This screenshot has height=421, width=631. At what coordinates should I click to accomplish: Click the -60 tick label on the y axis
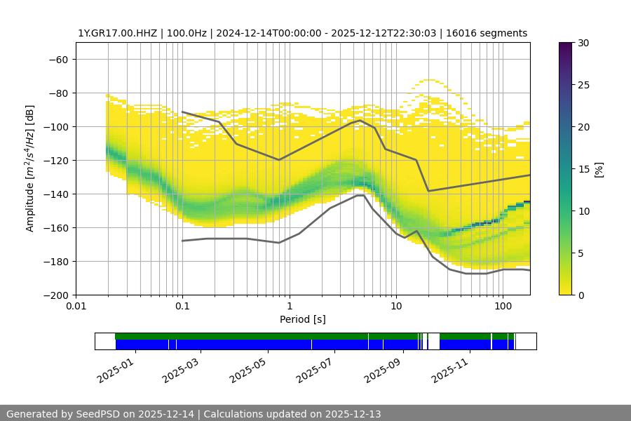(x=58, y=59)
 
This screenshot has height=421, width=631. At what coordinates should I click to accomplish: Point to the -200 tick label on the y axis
(x=55, y=295)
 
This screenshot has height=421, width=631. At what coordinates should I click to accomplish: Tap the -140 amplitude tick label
(x=55, y=194)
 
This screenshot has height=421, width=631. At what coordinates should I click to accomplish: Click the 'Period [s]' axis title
(x=302, y=319)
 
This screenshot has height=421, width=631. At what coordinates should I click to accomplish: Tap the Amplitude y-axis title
(x=30, y=168)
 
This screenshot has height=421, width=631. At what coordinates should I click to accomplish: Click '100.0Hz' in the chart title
(x=186, y=33)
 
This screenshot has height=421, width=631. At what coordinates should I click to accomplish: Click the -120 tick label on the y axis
(x=55, y=160)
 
